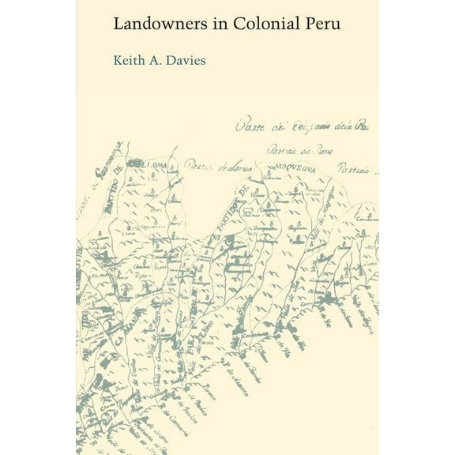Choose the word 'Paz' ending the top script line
(x=364, y=122)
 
